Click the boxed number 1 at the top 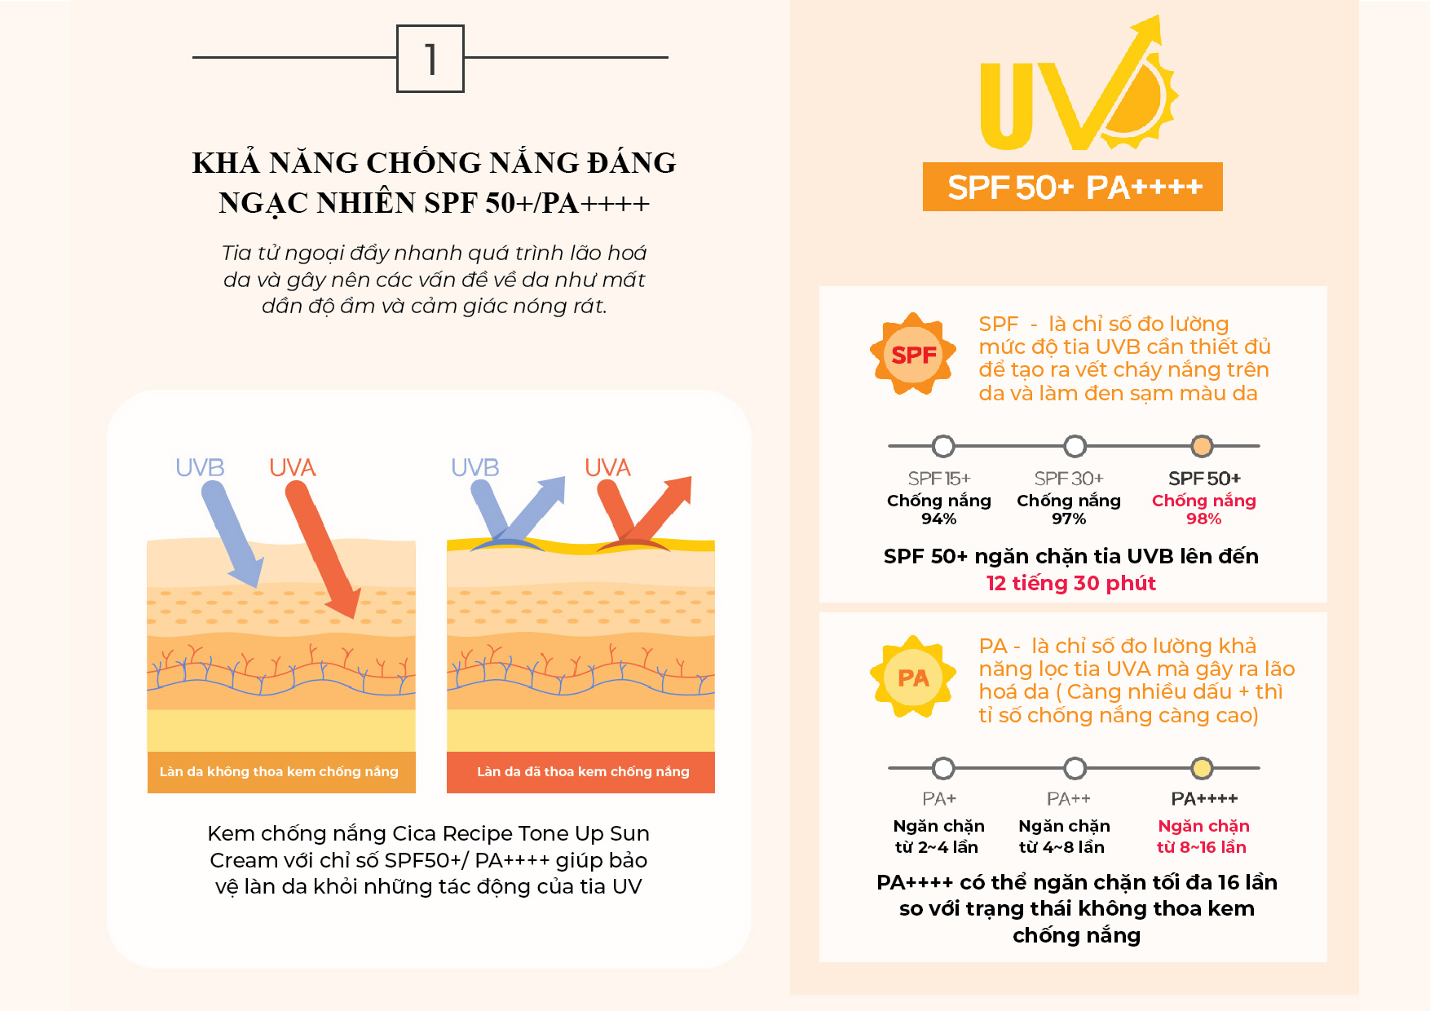click(x=430, y=59)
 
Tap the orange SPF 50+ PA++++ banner click(x=1072, y=187)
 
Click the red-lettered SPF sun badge click(x=913, y=355)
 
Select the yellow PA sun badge click(x=913, y=678)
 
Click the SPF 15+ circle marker click(x=943, y=446)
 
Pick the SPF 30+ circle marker click(x=1075, y=446)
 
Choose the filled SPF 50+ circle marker click(x=1203, y=446)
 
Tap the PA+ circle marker click(x=943, y=768)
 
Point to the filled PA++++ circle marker click(x=1202, y=768)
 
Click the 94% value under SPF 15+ click(x=938, y=519)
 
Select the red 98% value click(x=1203, y=519)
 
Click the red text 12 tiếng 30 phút click(x=1070, y=583)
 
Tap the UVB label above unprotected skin click(x=200, y=467)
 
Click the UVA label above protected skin click(x=607, y=467)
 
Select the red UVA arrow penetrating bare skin click(x=321, y=546)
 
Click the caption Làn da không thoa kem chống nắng click(x=279, y=771)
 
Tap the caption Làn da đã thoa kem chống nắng click(x=583, y=771)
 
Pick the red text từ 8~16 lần click(x=1201, y=847)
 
